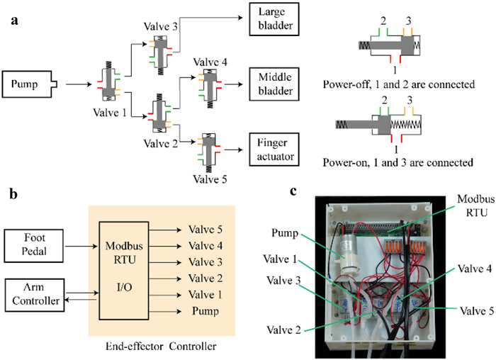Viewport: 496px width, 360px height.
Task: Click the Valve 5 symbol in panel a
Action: tap(209, 151)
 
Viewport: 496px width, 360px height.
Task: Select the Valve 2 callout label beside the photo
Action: tap(283, 330)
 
